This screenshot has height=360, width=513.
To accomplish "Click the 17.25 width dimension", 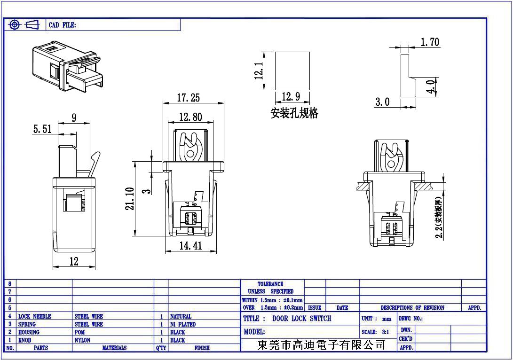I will (188, 98).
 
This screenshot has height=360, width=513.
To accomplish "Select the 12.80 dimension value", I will (190, 117).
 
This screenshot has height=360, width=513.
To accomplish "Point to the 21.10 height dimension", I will (130, 199).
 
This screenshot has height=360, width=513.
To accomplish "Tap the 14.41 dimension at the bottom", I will (190, 245).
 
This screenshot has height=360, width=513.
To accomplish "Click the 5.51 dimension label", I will (42, 129).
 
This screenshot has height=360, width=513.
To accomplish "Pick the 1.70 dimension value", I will (429, 42).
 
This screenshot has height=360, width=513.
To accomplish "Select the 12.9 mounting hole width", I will (291, 97).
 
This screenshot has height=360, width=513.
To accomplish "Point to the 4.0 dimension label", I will (430, 87).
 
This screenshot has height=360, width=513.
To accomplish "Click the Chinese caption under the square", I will (294, 113).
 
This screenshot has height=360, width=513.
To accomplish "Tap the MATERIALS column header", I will (114, 348).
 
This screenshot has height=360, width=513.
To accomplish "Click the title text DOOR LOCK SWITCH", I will (301, 319).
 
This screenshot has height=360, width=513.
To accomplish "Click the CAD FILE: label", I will (62, 25).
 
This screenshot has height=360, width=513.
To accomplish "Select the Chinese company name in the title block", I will (321, 345).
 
